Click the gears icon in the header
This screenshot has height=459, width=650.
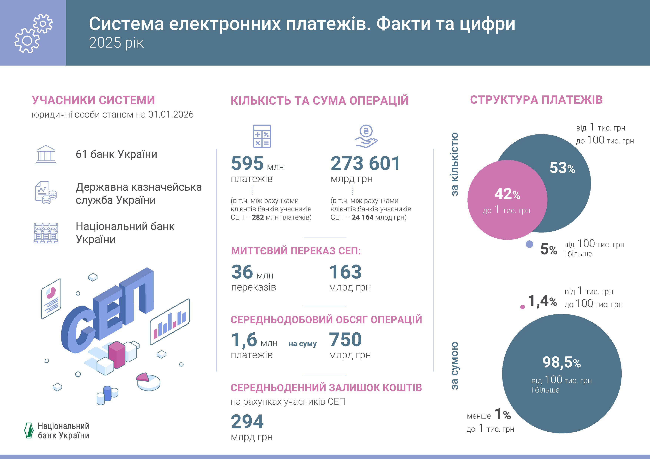33,33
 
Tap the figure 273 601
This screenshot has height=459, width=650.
365,163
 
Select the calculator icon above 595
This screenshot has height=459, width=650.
262,136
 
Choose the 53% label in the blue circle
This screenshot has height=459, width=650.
562,168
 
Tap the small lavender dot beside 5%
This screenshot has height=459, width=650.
529,244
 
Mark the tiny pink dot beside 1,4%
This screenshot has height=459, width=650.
523,307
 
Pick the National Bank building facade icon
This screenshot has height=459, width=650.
46,233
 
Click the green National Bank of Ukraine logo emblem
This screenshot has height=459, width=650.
29,430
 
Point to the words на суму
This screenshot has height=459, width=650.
302,344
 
